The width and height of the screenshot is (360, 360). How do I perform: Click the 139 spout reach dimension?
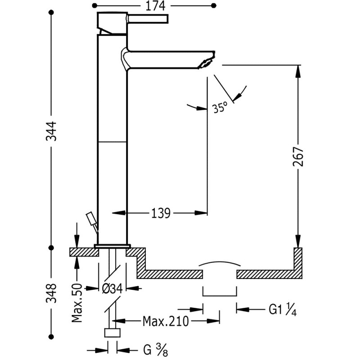[x=160, y=212]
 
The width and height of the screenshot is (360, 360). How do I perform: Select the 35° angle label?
[x=220, y=108]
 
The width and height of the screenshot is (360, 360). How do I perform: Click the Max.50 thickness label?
[x=76, y=304]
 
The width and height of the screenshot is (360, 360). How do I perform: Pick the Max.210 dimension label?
[x=166, y=321]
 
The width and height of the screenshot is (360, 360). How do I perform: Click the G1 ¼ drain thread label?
[x=282, y=309]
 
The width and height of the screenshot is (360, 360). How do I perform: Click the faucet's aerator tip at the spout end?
[x=206, y=62]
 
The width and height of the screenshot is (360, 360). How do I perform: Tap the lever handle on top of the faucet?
[x=148, y=19]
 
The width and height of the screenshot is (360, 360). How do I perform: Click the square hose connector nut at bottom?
[x=112, y=333]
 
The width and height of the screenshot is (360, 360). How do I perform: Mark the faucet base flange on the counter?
[x=112, y=246]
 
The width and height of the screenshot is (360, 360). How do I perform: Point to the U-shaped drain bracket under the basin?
[x=220, y=293]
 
